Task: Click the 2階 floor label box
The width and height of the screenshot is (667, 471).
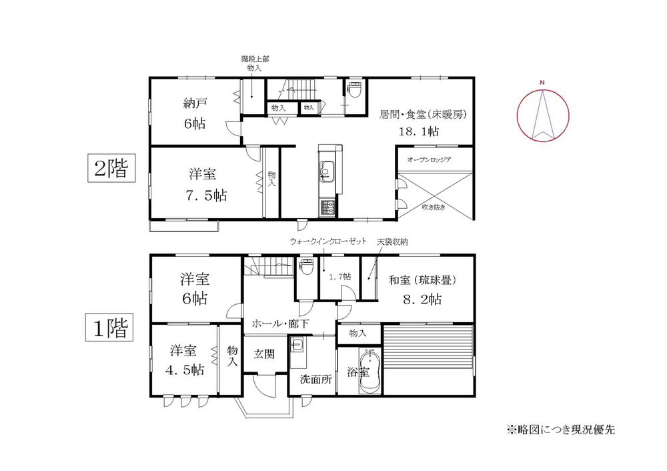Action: pyautogui.click(x=111, y=168)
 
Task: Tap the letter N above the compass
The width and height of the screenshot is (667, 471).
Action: pyautogui.click(x=543, y=83)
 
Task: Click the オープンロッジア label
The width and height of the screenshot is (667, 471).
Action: pyautogui.click(x=430, y=159)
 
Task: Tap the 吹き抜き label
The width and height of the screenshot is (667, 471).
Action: pyautogui.click(x=434, y=207)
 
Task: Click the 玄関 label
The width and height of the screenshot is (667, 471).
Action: pyautogui.click(x=265, y=355)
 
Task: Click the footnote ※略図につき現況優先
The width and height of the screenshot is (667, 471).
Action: pyautogui.click(x=560, y=429)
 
